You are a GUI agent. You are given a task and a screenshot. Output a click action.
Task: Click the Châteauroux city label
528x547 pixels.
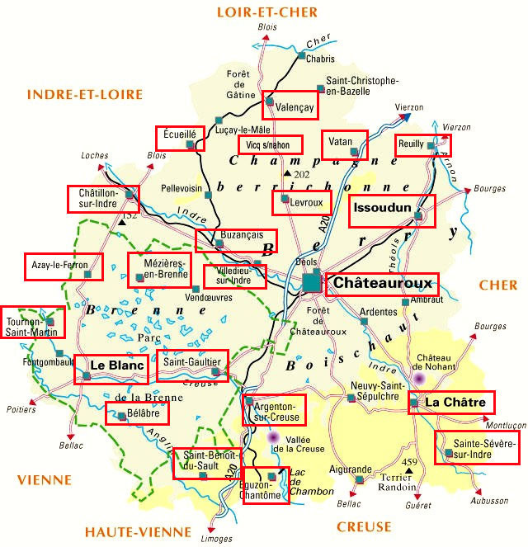click(x=383, y=283)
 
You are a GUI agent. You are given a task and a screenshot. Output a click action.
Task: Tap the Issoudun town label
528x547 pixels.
click(x=381, y=208)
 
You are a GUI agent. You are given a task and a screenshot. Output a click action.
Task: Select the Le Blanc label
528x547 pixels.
click(x=116, y=365)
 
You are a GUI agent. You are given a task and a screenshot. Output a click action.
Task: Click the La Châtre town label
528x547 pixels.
click(x=458, y=402)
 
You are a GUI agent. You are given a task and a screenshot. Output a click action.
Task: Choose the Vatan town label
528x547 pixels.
click(x=341, y=141)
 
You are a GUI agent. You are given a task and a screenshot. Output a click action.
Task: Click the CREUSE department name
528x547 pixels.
click(x=364, y=526)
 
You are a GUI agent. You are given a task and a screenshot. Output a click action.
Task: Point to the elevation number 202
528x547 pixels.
click(x=301, y=174)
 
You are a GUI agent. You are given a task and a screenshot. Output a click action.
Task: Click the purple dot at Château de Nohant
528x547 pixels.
click(x=419, y=378)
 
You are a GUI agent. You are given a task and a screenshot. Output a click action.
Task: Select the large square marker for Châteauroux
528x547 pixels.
click(x=311, y=282)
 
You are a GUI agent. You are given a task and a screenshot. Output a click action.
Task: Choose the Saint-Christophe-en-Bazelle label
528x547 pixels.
click(x=363, y=86)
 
